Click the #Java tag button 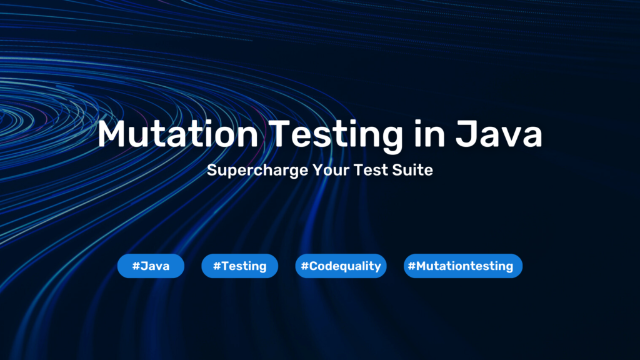tap(151, 266)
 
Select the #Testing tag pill tap(239, 266)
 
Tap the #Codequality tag tap(341, 266)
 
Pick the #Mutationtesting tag tap(462, 266)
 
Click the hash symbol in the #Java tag tap(136, 266)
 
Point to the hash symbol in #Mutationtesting tap(411, 266)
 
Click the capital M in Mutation tap(113, 134)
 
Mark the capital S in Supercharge tap(212, 170)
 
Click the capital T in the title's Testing tap(279, 134)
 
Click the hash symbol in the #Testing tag tap(216, 266)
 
